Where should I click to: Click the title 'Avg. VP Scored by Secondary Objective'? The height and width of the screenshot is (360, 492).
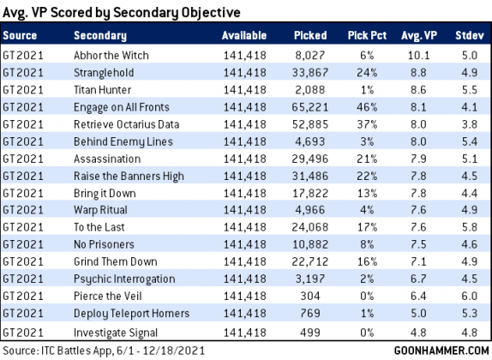click(x=122, y=13)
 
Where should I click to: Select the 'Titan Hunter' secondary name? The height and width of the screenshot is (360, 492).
click(x=102, y=90)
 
